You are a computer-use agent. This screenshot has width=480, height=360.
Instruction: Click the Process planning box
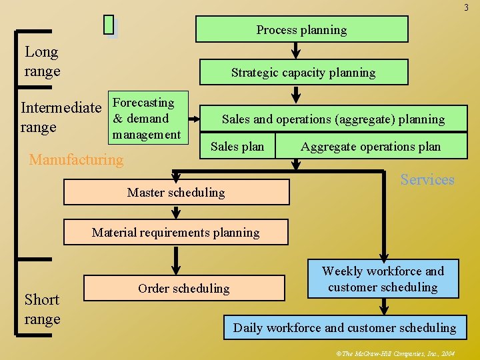tap(301, 30)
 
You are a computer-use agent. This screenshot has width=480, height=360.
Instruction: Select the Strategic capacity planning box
tap(303, 73)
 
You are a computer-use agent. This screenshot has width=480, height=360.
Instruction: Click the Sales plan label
tap(237, 147)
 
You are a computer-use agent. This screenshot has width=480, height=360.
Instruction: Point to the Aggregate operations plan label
tap(370, 147)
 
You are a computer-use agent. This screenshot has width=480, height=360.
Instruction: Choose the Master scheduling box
tap(176, 192)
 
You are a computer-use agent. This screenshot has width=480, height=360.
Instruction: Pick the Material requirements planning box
tap(176, 233)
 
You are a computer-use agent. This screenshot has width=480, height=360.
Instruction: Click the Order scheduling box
tap(183, 289)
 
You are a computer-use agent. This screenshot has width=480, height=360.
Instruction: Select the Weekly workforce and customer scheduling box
tap(383, 279)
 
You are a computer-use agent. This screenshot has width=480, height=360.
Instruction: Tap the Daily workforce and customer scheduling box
tap(345, 327)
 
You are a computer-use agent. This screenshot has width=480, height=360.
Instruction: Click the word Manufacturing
tap(77, 160)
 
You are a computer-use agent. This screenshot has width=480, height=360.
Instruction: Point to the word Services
tap(427, 179)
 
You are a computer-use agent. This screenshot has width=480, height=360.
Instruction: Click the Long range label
tap(42, 61)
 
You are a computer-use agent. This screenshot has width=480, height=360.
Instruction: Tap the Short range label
tap(42, 309)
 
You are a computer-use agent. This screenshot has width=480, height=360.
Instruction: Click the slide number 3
tap(466, 7)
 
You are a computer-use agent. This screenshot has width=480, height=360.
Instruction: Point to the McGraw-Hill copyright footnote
tap(398, 353)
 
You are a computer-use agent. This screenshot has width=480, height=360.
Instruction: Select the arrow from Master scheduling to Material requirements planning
tap(176, 213)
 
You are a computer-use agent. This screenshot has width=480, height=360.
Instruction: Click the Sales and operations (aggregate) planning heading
tap(333, 119)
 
